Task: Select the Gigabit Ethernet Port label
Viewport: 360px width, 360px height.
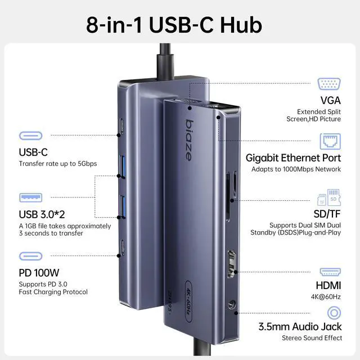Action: pos(293,158)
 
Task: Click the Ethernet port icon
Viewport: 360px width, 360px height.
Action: pos(330,141)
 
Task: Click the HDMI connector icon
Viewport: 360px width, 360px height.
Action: pos(330,272)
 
